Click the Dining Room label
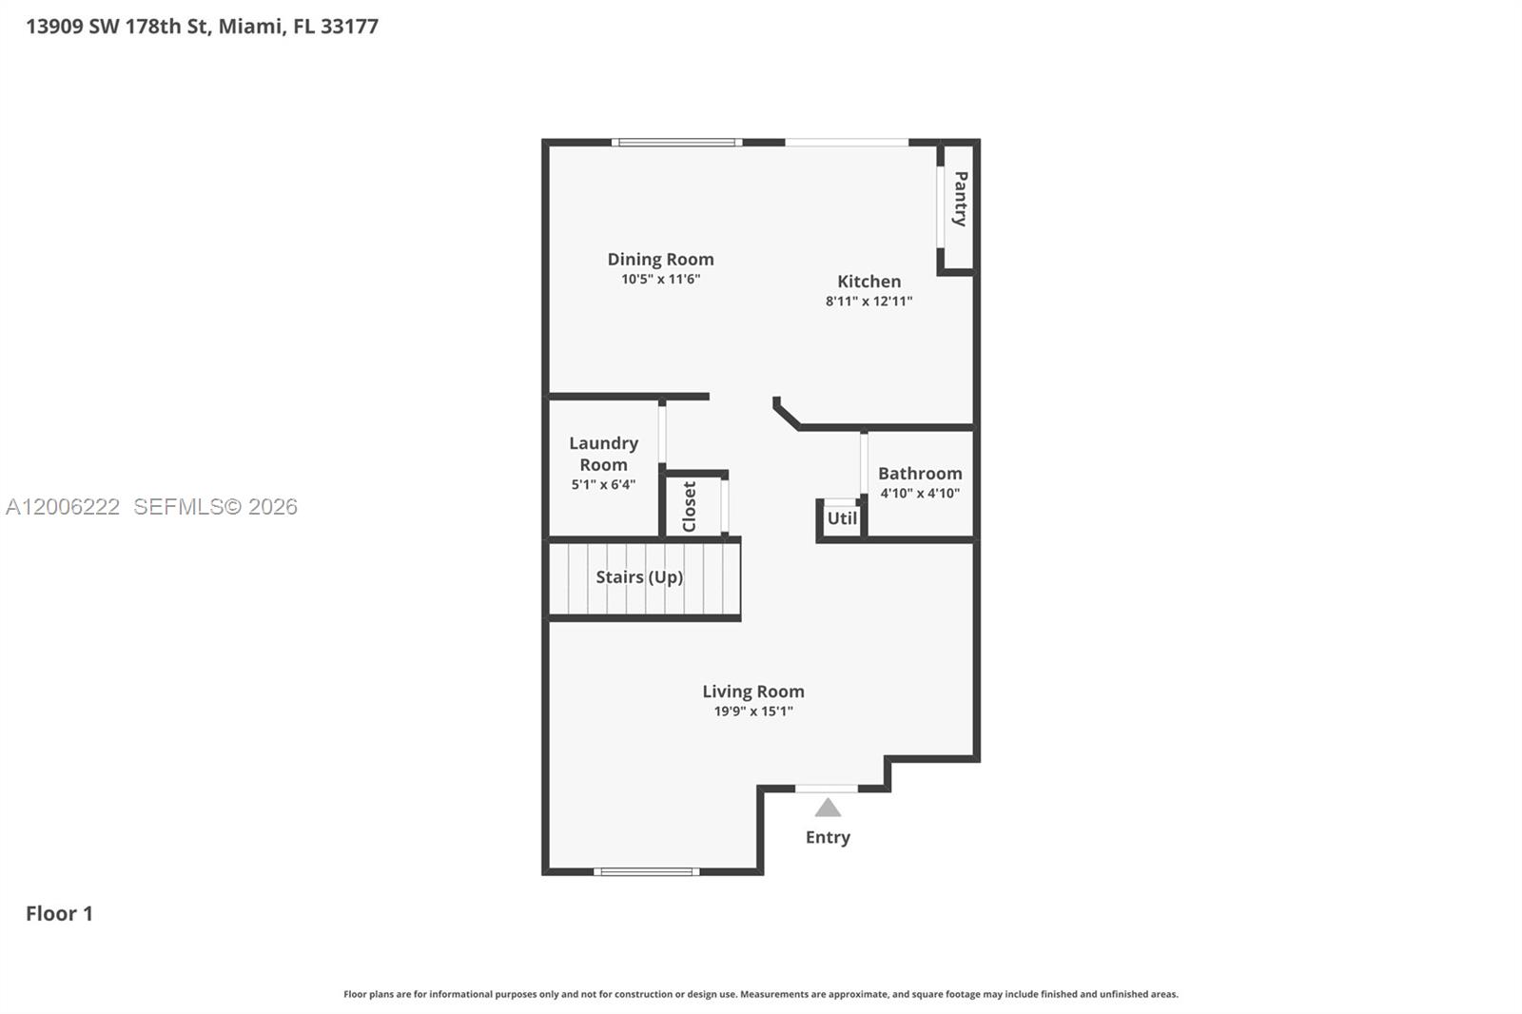(660, 259)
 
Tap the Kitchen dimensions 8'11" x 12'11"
(869, 302)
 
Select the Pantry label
(960, 199)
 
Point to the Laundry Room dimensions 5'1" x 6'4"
(603, 484)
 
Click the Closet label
(689, 506)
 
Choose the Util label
(842, 518)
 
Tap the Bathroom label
(920, 473)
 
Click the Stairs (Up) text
(639, 577)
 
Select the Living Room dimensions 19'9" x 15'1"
(753, 712)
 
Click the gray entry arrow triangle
(828, 809)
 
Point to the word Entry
(828, 837)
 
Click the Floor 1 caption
(59, 913)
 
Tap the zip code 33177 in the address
(349, 27)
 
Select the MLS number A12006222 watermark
(63, 506)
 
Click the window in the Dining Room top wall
(676, 143)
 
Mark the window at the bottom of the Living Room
(646, 872)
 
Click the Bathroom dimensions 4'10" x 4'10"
(920, 494)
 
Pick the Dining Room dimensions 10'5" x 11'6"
(660, 280)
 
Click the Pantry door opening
(941, 207)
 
